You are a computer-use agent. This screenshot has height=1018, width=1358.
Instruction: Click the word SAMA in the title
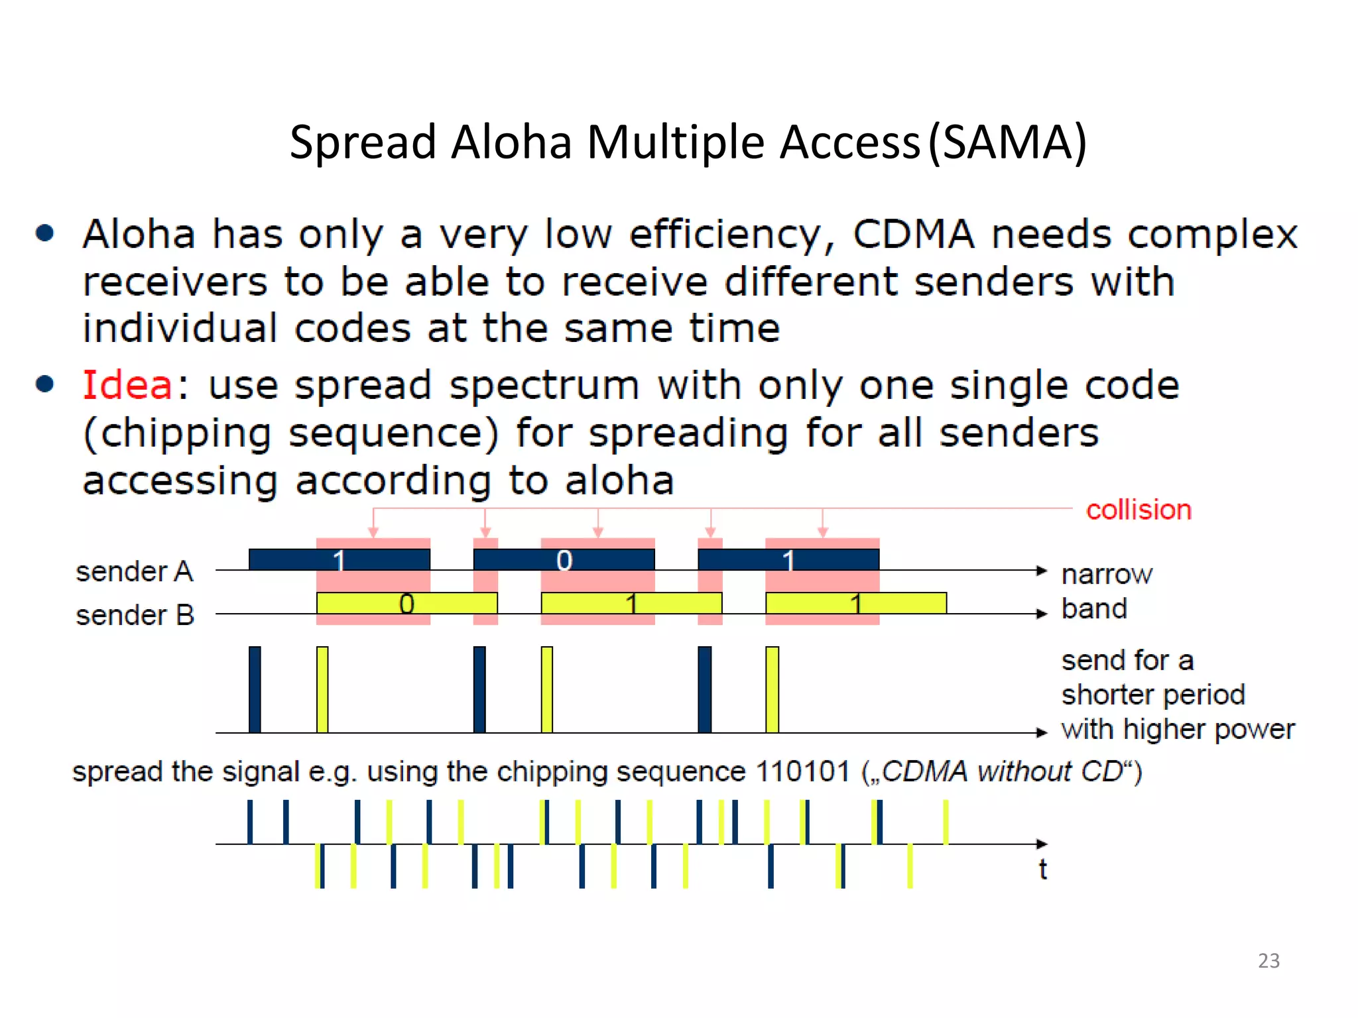[x=1007, y=142]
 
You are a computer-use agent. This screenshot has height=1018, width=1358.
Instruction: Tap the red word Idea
[x=127, y=385]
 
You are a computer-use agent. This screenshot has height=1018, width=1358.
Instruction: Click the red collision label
[x=1138, y=510]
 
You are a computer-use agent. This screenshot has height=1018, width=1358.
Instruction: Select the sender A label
[x=134, y=571]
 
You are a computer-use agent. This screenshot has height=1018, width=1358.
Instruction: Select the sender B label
[x=135, y=615]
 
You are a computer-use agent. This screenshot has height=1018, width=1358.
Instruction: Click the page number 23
[x=1268, y=960]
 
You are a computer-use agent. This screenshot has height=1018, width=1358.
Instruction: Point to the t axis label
[x=1042, y=869]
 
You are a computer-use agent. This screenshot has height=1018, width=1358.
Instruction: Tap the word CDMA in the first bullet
[x=913, y=234]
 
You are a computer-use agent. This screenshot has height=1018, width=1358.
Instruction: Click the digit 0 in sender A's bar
[x=564, y=561]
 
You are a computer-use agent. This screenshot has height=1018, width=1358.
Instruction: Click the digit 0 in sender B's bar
[x=406, y=604]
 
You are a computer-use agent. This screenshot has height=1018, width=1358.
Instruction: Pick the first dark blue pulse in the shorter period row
[x=255, y=689]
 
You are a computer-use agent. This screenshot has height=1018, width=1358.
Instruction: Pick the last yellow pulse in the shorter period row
[x=772, y=689]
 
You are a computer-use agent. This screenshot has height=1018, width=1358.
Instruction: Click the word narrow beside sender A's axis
[x=1107, y=574]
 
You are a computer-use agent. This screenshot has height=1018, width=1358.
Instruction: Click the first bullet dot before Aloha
[x=45, y=233]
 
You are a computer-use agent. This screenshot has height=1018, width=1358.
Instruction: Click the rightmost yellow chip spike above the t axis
[x=946, y=822]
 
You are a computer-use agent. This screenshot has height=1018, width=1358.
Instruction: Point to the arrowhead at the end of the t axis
[x=1042, y=844]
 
